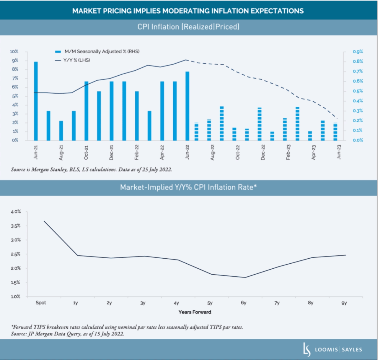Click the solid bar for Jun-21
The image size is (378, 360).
(36, 101)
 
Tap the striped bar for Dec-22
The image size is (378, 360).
(260, 124)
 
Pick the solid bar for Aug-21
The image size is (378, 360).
(61, 130)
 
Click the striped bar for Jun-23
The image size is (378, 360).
(335, 132)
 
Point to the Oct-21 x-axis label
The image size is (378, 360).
(86, 153)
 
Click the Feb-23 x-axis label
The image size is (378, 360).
(288, 153)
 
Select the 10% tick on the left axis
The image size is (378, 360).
(14, 52)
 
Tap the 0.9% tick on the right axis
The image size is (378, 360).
(358, 52)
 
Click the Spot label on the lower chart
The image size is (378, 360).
(41, 303)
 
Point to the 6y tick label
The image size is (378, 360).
(243, 303)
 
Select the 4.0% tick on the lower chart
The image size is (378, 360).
(16, 212)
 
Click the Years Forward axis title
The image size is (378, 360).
(195, 312)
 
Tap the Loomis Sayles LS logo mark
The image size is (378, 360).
(307, 349)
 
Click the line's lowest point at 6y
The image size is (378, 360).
(245, 277)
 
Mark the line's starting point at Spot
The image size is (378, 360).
(44, 221)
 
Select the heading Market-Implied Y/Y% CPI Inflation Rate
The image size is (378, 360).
(188, 187)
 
